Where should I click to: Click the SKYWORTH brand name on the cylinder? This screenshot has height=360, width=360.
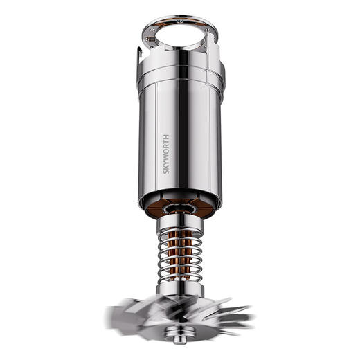[x=166, y=154]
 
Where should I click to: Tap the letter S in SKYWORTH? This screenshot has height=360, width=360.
[x=166, y=172]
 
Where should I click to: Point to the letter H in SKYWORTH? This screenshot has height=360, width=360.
[x=166, y=136]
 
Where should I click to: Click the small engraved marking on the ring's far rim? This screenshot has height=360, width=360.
[x=180, y=21]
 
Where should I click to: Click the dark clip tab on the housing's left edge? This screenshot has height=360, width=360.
[x=139, y=56]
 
